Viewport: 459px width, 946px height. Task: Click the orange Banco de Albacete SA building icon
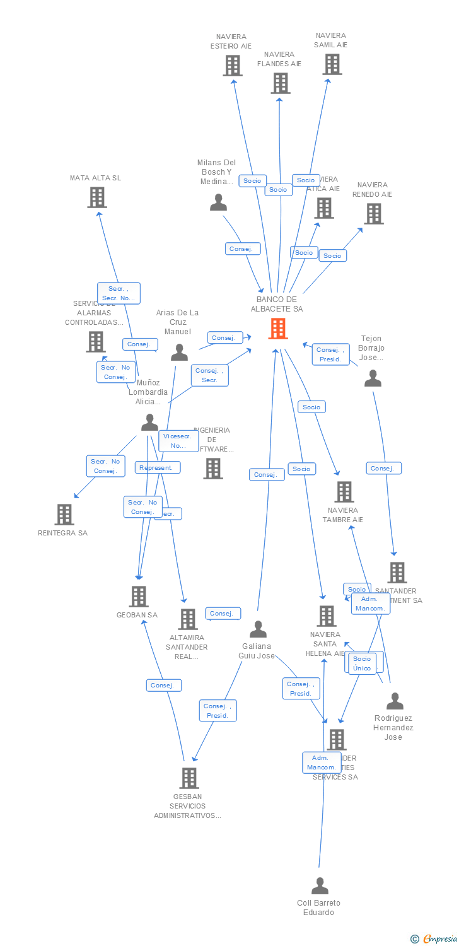coord(278,329)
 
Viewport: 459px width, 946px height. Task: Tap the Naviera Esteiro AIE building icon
coord(233,66)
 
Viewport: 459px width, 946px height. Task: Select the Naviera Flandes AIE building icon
coord(281,83)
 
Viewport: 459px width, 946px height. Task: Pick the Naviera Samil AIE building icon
coord(332,64)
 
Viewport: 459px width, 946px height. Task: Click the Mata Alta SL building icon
coord(96,197)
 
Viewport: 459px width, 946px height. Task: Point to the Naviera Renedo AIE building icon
coord(373,214)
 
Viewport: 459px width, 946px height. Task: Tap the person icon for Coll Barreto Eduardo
coord(320,886)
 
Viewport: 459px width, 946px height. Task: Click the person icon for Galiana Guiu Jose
coord(258,629)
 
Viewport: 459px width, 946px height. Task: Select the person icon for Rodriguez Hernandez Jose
coord(395,701)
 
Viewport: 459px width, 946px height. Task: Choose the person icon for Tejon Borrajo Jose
coord(373,378)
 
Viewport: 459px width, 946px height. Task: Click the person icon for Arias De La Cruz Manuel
coord(180,353)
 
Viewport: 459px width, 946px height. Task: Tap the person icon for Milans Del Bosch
coord(218,202)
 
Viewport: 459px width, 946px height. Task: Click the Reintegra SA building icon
coord(64,515)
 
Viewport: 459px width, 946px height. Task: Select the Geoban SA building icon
coord(138,597)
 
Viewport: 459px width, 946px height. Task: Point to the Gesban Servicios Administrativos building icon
coord(189,778)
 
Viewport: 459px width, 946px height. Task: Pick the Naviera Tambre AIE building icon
coord(344,492)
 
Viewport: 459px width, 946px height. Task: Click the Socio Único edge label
coord(362,663)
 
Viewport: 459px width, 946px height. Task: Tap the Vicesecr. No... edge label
coord(178,441)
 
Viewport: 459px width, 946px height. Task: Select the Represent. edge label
coord(157,468)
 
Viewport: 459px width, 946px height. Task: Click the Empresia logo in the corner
coord(434,939)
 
